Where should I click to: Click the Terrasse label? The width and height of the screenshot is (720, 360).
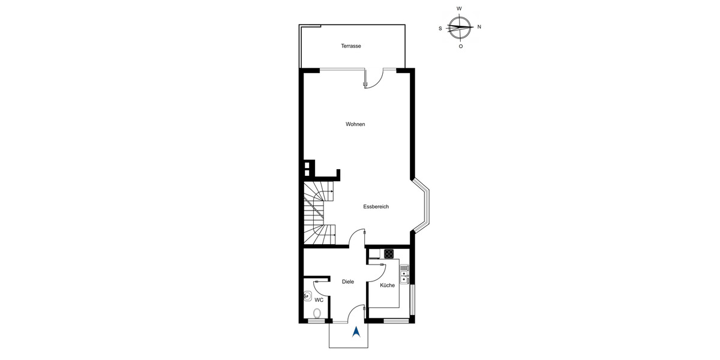[351, 46]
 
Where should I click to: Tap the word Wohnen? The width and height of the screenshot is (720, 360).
[355, 124]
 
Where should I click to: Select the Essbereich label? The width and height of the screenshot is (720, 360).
[376, 206]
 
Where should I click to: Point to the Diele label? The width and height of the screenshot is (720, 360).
[348, 281]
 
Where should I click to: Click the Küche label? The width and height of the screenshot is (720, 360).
[388, 285]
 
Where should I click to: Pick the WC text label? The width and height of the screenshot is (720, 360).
[319, 299]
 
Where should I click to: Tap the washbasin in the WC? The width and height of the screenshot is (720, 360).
[308, 296]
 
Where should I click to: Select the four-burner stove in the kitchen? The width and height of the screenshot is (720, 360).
[389, 253]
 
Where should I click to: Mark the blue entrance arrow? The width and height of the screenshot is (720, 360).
[356, 331]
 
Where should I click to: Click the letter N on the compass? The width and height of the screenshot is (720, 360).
[479, 27]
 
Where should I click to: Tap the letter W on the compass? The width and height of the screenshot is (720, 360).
[459, 9]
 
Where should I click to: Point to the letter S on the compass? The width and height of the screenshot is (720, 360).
[440, 28]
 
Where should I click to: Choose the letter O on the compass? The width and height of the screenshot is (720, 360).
[460, 46]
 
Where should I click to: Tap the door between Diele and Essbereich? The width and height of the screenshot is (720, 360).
[358, 238]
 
